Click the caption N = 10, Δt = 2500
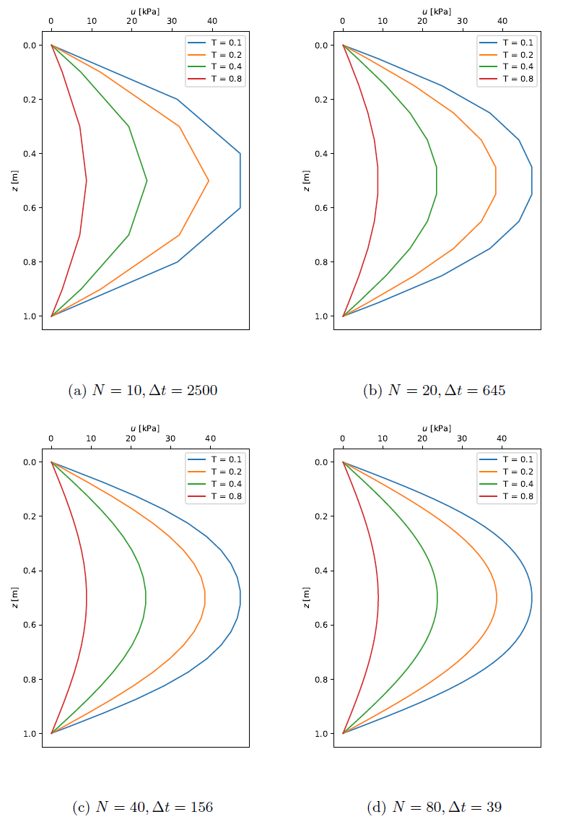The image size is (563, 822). click(143, 390)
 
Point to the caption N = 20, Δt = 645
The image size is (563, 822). click(435, 390)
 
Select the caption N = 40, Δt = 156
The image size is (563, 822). click(143, 807)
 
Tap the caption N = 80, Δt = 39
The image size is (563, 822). click(435, 807)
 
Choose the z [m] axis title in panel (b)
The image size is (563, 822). click(307, 181)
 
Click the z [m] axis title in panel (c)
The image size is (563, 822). click(15, 597)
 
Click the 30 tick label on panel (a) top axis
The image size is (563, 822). click(170, 22)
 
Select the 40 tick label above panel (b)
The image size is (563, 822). click(502, 22)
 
